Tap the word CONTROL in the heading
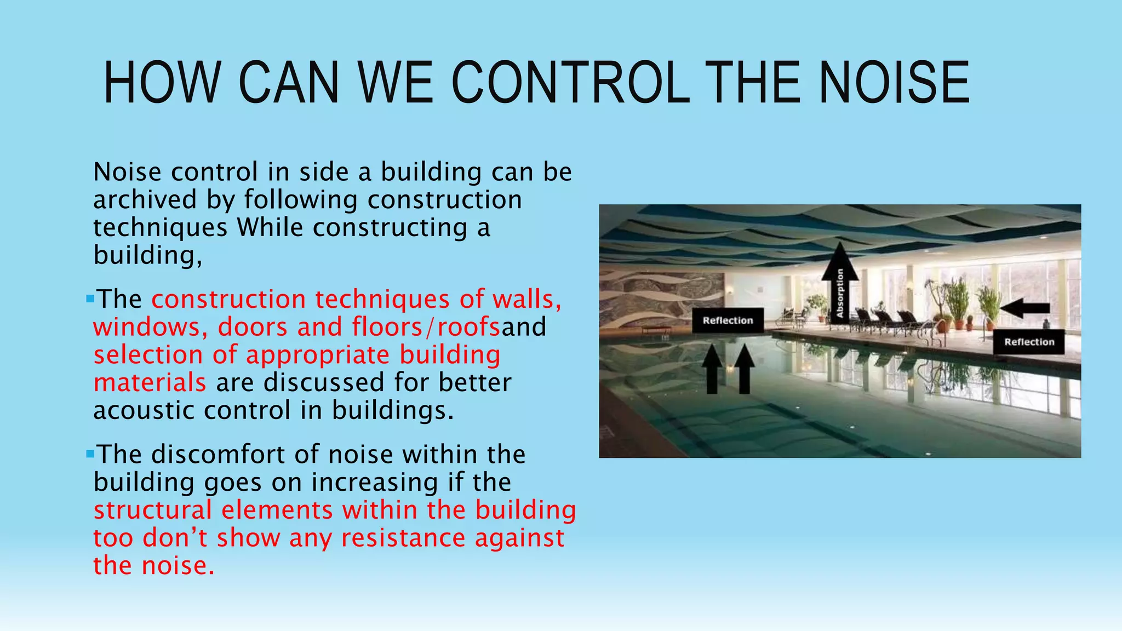pyautogui.click(x=570, y=83)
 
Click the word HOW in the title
pyautogui.click(x=162, y=83)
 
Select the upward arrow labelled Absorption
pyautogui.click(x=839, y=285)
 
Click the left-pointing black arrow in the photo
pyautogui.click(x=1024, y=308)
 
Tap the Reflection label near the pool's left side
pyautogui.click(x=728, y=320)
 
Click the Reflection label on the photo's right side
pyautogui.click(x=1029, y=342)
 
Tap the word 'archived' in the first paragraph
pyautogui.click(x=145, y=199)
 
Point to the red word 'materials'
pyautogui.click(x=150, y=383)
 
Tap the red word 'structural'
pyautogui.click(x=152, y=510)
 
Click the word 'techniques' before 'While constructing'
pyautogui.click(x=160, y=228)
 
